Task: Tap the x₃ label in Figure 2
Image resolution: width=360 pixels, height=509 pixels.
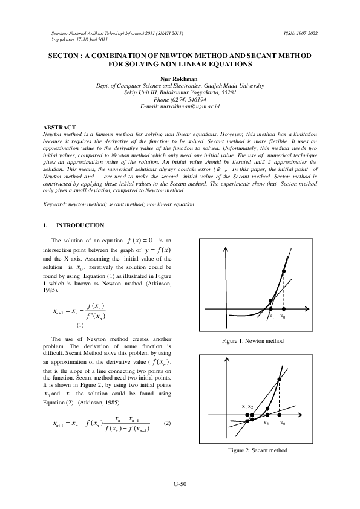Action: pos(266,423)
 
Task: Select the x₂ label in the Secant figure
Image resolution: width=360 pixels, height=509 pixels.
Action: pos(250,406)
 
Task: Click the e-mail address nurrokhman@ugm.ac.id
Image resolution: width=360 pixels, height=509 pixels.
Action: pos(180,106)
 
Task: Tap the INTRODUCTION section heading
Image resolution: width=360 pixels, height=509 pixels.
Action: pos(80,225)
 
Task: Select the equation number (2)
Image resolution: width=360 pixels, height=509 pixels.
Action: pos(168,423)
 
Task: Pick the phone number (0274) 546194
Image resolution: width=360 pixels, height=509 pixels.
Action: pos(180,99)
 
